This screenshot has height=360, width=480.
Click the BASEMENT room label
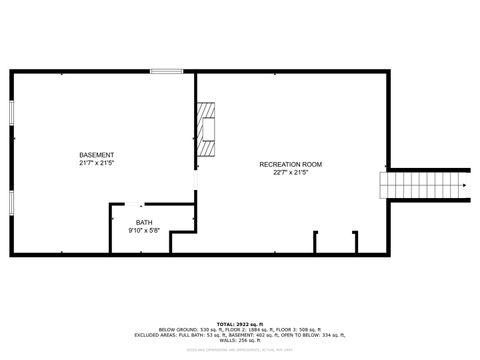tap(97, 154)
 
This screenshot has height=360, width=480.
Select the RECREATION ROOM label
tap(290, 163)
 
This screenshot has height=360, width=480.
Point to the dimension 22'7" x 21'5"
tap(290, 172)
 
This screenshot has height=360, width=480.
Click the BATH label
tap(145, 222)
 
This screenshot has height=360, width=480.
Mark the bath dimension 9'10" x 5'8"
tap(145, 230)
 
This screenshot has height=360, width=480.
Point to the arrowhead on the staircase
tap(465, 186)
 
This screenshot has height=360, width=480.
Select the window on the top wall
tap(166, 71)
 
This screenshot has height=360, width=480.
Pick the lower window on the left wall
tap(11, 203)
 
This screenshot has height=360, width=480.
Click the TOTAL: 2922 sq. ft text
tap(240, 324)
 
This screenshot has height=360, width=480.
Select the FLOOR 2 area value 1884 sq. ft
tap(264, 330)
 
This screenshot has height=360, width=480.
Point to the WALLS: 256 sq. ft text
tap(240, 341)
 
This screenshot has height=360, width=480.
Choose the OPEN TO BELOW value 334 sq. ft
tap(325, 335)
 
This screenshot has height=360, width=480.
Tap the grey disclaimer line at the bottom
tap(240, 350)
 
